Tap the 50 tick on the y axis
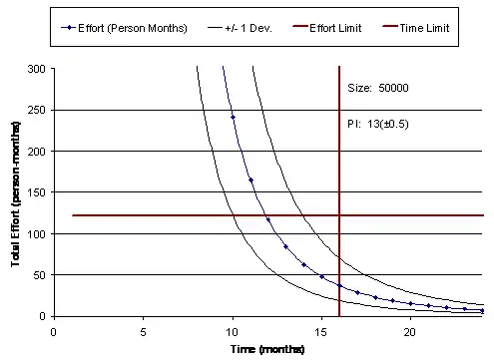click(x=49, y=275)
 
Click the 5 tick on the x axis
click(x=144, y=330)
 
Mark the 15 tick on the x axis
click(x=321, y=330)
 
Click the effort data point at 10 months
click(x=233, y=118)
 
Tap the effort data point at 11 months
click(x=250, y=180)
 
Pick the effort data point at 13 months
click(x=285, y=246)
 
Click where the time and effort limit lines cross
click(x=339, y=215)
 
